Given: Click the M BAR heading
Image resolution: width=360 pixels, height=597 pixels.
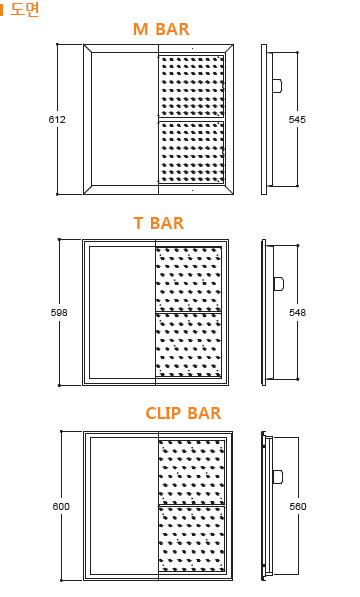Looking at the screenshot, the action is click(161, 29).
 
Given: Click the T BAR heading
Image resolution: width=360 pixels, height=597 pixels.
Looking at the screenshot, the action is click(159, 223).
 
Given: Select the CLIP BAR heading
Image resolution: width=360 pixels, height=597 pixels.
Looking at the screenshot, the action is click(183, 412).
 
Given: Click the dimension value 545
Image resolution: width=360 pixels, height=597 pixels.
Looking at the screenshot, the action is click(297, 120).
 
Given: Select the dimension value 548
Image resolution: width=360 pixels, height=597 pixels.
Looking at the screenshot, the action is click(297, 313).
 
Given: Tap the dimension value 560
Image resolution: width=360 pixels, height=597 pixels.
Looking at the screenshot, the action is click(298, 506).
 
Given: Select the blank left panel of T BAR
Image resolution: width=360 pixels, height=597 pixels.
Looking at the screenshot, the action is click(121, 312).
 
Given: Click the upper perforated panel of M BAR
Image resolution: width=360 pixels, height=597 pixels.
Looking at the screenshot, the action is click(191, 86).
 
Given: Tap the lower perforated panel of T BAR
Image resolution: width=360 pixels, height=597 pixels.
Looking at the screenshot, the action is click(188, 345).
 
